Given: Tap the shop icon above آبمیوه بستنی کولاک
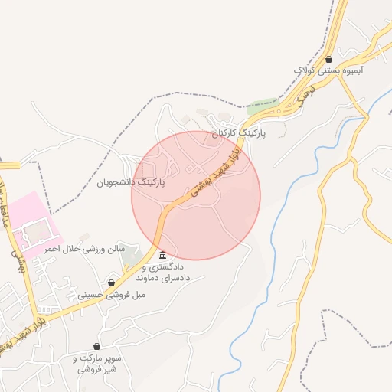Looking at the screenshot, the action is (x=328, y=59).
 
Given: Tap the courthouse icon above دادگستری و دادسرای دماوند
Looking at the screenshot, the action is (x=162, y=255).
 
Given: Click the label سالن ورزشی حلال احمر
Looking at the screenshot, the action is (x=83, y=250).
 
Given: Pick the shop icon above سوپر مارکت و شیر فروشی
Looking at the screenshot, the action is (x=96, y=347).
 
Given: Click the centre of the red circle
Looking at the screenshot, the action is (x=196, y=195).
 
